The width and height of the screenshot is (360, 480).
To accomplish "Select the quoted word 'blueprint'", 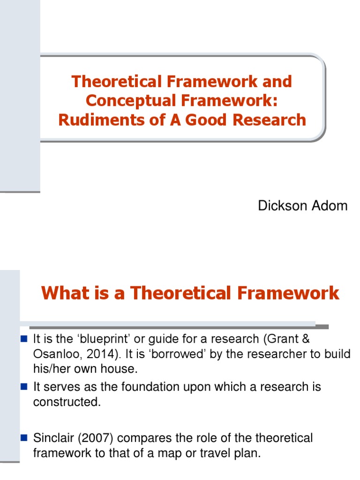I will (98, 338).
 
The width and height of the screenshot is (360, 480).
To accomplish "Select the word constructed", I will (67, 402).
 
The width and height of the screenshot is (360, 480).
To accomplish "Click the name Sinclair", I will (52, 438).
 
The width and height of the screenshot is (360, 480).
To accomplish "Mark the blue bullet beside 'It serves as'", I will (25, 387).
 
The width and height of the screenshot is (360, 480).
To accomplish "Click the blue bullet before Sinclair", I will (25, 438).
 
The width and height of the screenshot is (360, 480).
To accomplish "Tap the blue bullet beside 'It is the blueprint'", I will (25, 338).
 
